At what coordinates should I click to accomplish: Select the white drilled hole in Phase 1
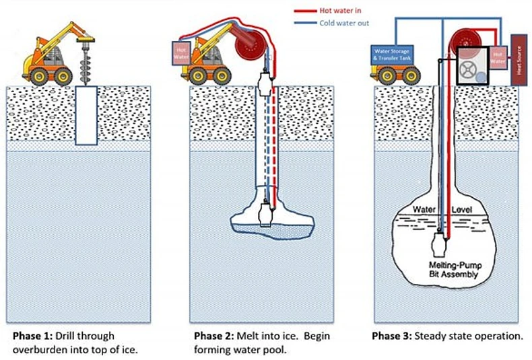(x=87, y=114)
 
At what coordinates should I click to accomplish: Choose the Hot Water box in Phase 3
(x=498, y=57)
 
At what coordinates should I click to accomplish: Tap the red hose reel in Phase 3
(x=463, y=38)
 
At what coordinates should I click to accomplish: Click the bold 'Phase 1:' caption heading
(x=32, y=336)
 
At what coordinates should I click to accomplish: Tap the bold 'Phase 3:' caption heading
(x=393, y=336)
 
